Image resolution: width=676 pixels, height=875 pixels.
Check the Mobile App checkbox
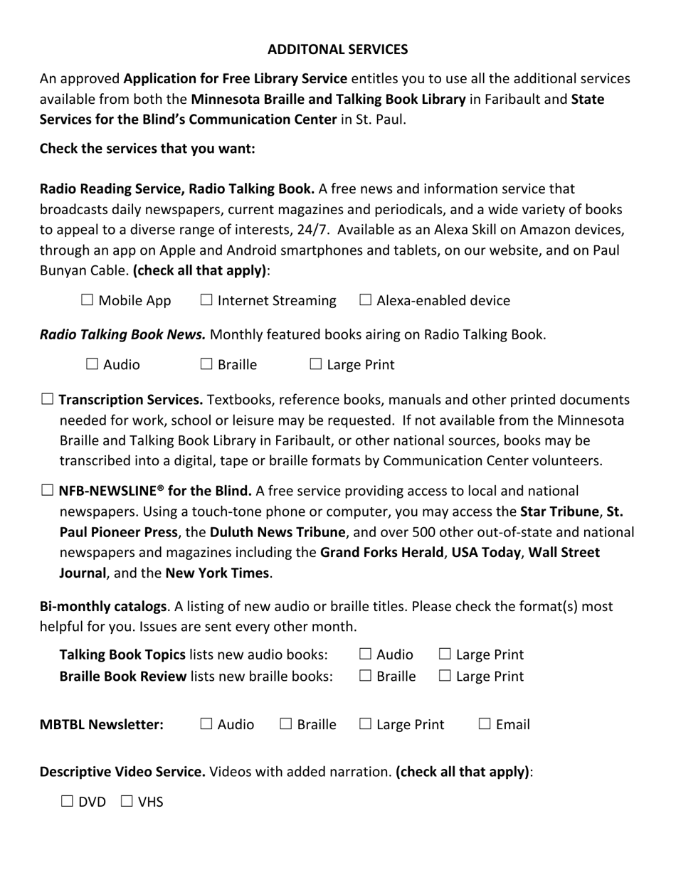click(88, 300)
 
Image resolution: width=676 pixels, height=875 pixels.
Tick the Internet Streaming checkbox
click(206, 300)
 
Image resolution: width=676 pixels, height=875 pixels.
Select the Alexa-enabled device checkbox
click(366, 300)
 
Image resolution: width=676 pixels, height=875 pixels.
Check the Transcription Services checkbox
click(47, 400)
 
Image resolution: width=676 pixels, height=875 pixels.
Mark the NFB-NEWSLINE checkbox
click(47, 491)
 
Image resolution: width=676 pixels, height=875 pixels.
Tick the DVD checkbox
click(68, 802)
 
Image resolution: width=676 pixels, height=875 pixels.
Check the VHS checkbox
click(127, 802)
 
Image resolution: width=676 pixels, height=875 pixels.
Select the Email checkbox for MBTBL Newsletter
click(485, 724)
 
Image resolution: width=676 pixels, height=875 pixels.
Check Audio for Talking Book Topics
click(366, 654)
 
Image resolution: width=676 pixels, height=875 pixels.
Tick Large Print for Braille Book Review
click(445, 676)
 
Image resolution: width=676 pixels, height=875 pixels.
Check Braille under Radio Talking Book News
click(206, 364)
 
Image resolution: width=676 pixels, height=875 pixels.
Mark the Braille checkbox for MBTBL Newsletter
click(286, 724)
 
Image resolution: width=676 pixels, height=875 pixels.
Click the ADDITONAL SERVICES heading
click(337, 49)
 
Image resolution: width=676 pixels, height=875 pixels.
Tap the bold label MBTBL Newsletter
click(101, 725)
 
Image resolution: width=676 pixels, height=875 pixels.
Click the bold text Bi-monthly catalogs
click(102, 607)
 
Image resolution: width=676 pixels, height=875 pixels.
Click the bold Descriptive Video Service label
click(122, 772)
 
